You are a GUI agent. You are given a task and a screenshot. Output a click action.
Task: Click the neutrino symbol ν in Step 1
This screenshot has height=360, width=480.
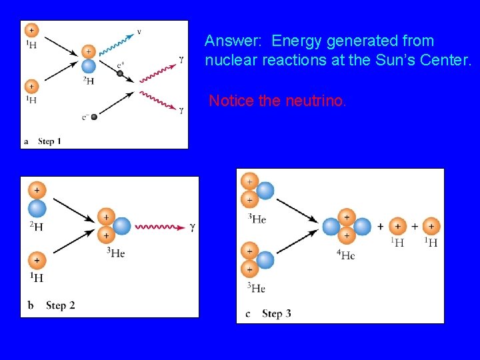(139, 31)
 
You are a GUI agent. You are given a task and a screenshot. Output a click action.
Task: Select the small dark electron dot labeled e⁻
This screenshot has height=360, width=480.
(94, 117)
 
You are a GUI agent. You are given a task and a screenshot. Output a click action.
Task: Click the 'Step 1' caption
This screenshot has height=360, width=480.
(49, 141)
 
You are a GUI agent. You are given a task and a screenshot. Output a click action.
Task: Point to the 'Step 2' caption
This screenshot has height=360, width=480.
(60, 305)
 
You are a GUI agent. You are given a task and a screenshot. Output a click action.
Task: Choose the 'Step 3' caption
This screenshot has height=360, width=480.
(276, 313)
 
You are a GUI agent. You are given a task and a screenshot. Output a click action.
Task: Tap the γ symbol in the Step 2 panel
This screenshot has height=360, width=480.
(193, 227)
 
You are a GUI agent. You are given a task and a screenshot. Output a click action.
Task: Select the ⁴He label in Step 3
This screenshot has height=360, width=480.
(347, 256)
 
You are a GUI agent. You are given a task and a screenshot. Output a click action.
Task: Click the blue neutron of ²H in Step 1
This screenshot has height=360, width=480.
(88, 66)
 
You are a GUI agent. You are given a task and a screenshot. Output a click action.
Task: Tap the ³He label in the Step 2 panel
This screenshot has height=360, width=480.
(115, 253)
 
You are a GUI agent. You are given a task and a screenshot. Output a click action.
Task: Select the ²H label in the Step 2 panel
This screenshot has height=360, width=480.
(37, 227)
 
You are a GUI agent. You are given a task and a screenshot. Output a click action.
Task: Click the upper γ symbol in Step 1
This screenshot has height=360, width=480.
(181, 59)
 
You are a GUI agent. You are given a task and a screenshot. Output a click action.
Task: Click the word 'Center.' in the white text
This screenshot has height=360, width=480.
(449, 61)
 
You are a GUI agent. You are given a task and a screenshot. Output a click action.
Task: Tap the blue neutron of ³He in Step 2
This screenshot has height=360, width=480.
(122, 227)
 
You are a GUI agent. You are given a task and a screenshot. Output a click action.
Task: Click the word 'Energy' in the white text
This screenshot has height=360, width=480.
(295, 41)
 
